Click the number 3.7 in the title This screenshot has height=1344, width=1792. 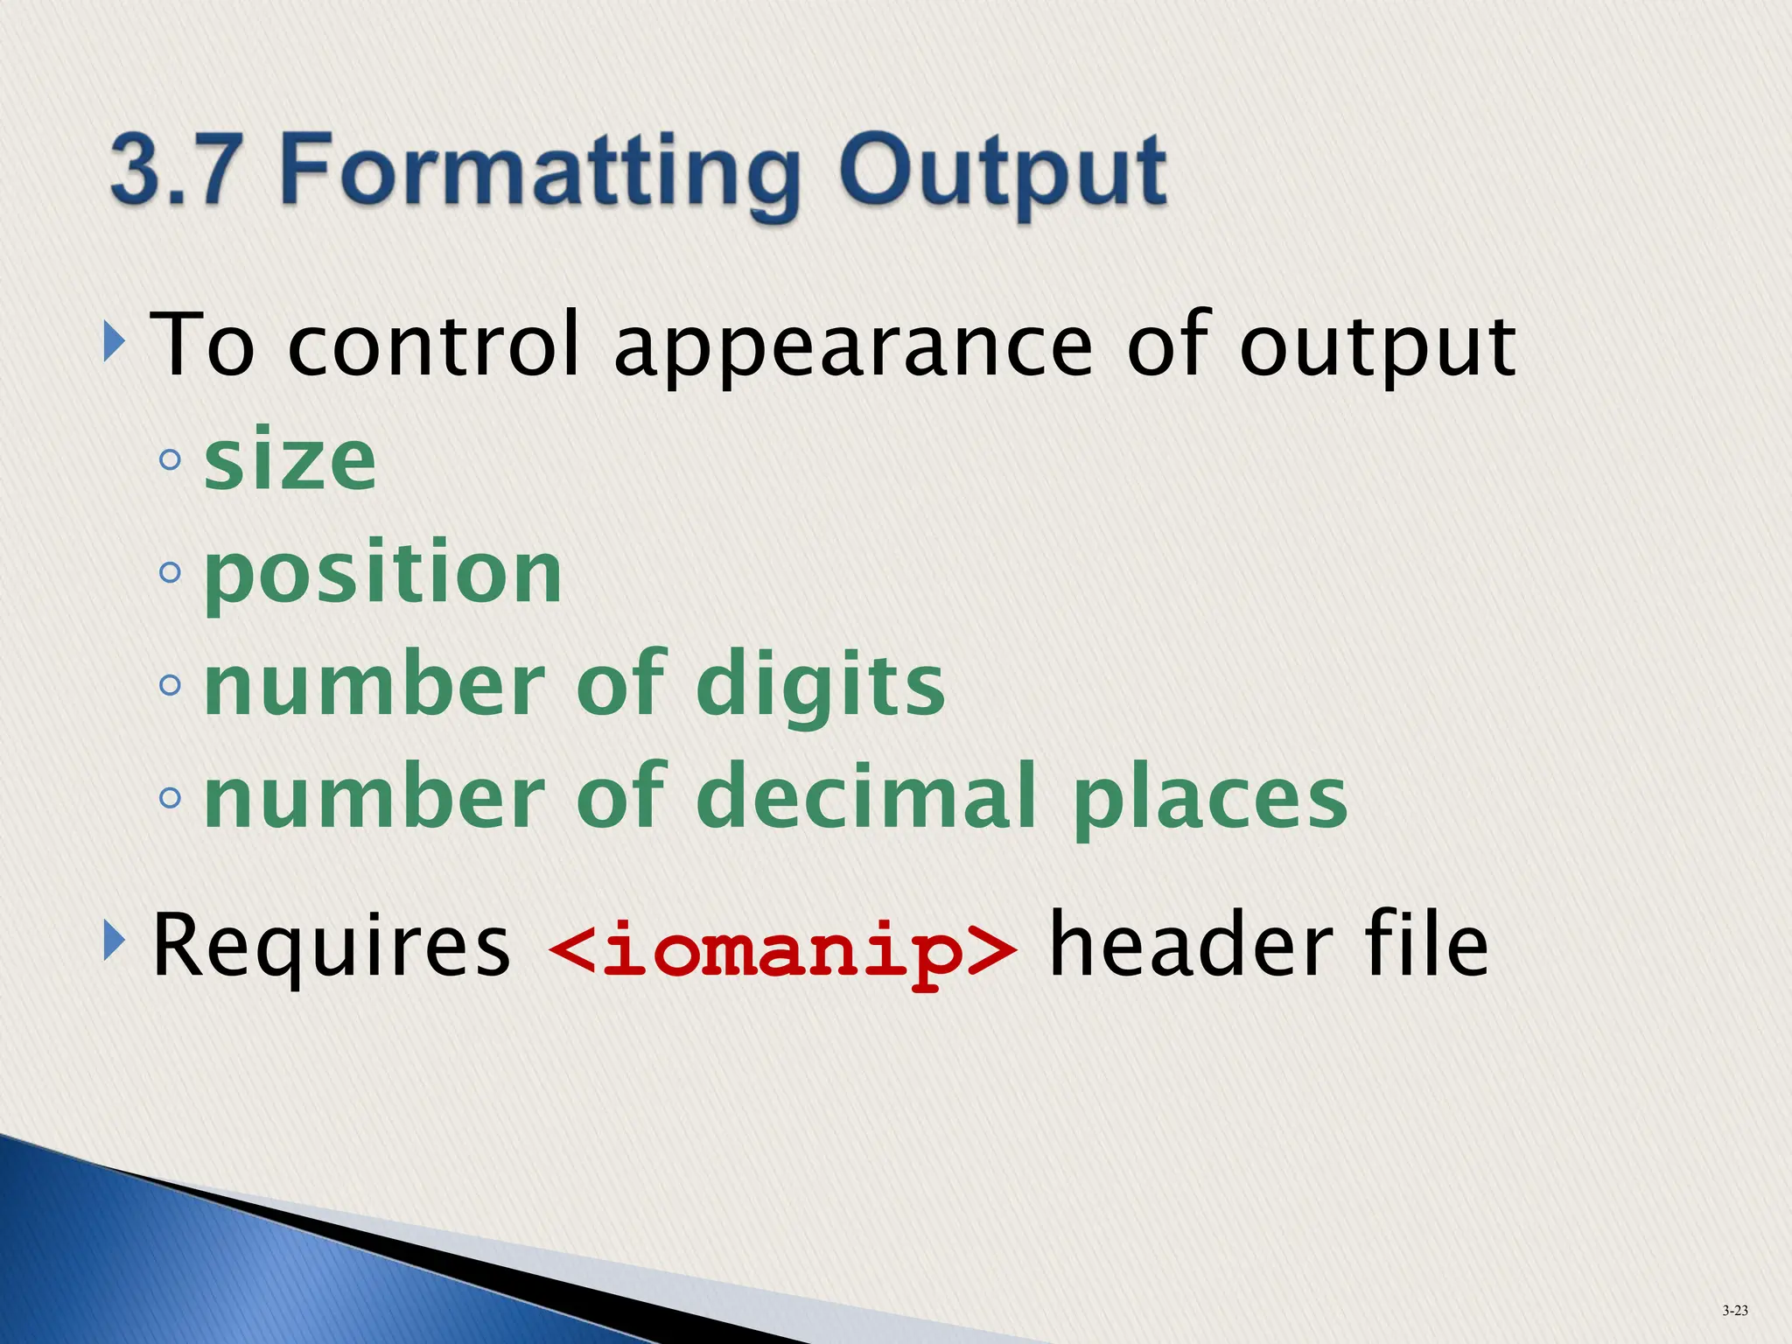175,168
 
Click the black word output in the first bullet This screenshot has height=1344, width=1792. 1378,348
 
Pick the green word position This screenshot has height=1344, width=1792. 383,575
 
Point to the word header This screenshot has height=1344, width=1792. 1191,945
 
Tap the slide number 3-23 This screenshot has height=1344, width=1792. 1735,1311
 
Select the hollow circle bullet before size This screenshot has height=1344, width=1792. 171,459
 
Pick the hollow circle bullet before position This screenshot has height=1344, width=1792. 171,573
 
